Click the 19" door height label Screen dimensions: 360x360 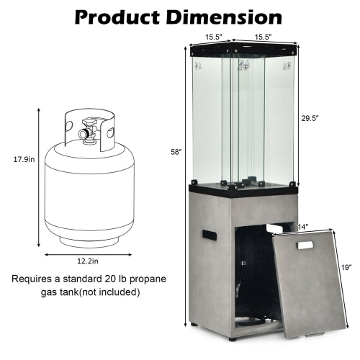(x=346, y=267)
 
